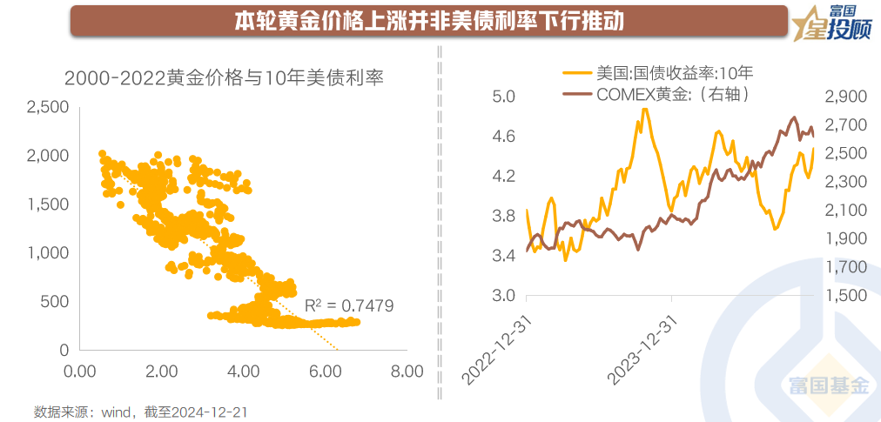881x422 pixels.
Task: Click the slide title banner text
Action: (x=429, y=22)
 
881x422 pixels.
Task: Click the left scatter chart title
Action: (x=225, y=77)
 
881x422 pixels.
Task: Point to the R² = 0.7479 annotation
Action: (x=349, y=305)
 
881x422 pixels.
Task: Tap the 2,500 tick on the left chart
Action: (x=49, y=107)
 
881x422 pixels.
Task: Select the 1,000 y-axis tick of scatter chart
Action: (x=49, y=253)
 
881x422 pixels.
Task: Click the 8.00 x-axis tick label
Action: (x=405, y=372)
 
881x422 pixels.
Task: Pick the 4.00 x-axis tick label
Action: (x=244, y=372)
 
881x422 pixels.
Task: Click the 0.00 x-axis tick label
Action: (x=81, y=372)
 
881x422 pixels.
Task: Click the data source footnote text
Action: (x=134, y=409)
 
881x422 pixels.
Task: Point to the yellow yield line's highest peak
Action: (x=644, y=110)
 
